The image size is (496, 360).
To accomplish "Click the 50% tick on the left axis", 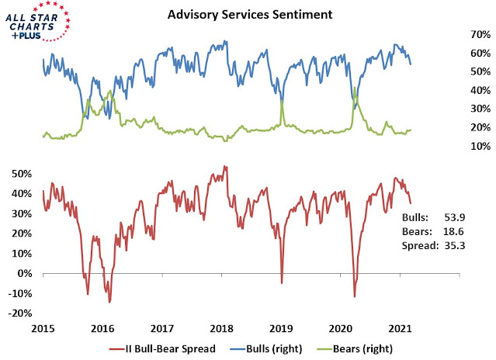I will point(22,173).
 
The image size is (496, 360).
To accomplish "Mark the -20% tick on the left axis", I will point(20,313).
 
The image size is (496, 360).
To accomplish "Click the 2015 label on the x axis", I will point(43,328).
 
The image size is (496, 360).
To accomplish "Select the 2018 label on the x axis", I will point(222,328).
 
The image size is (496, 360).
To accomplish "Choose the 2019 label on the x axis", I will point(282,328).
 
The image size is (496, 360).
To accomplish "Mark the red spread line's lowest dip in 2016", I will point(109,302).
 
